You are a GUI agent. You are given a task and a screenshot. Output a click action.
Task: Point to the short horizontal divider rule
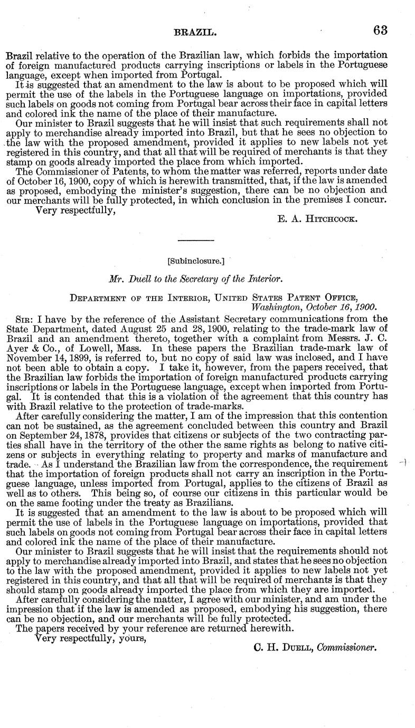[x=195, y=241]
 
